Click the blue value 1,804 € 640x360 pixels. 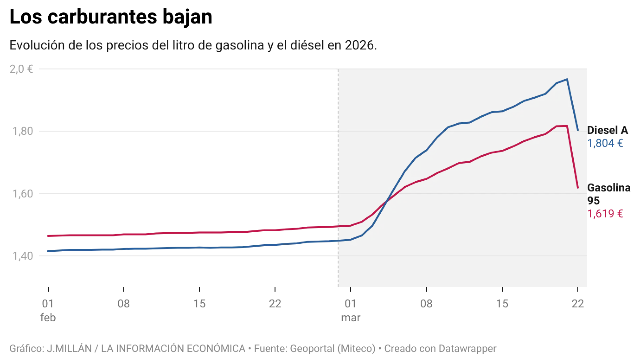point(605,144)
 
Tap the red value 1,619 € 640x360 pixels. point(605,214)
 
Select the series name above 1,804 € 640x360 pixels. point(608,131)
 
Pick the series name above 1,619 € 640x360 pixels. point(609,188)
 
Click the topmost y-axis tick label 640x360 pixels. point(21,69)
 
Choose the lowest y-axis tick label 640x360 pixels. point(23,256)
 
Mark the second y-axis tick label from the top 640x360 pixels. point(23,131)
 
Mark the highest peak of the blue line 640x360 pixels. point(567,79)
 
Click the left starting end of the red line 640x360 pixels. point(47,236)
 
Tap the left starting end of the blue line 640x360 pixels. point(47,251)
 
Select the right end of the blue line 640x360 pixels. point(578,130)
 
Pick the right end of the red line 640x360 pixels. point(578,188)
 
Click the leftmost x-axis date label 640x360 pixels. point(47,304)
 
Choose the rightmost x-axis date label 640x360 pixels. point(577,304)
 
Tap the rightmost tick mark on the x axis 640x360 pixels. point(577,290)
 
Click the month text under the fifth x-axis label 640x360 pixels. point(351,318)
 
